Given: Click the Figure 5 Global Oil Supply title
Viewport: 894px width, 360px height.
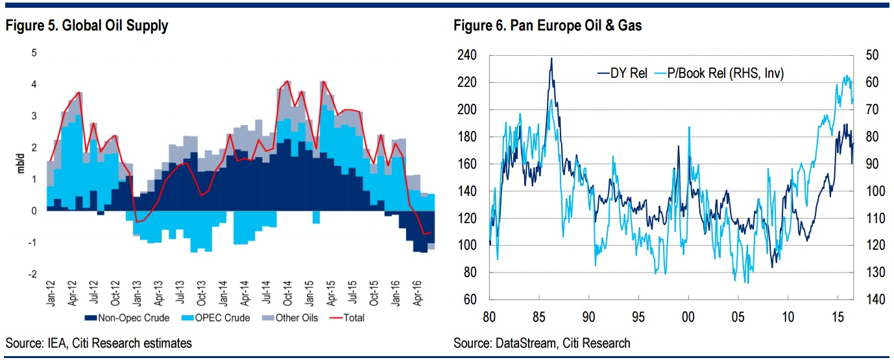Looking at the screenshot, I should pyautogui.click(x=87, y=27).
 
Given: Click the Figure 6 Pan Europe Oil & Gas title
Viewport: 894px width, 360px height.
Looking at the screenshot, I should pyautogui.click(x=548, y=27).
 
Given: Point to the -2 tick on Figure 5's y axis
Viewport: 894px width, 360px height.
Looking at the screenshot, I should pyautogui.click(x=32, y=274).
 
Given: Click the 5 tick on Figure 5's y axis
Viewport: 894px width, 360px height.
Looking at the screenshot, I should pyautogui.click(x=34, y=53).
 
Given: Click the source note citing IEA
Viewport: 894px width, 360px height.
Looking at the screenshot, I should pyautogui.click(x=99, y=342).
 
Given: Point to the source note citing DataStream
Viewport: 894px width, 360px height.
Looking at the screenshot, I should pyautogui.click(x=542, y=342).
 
